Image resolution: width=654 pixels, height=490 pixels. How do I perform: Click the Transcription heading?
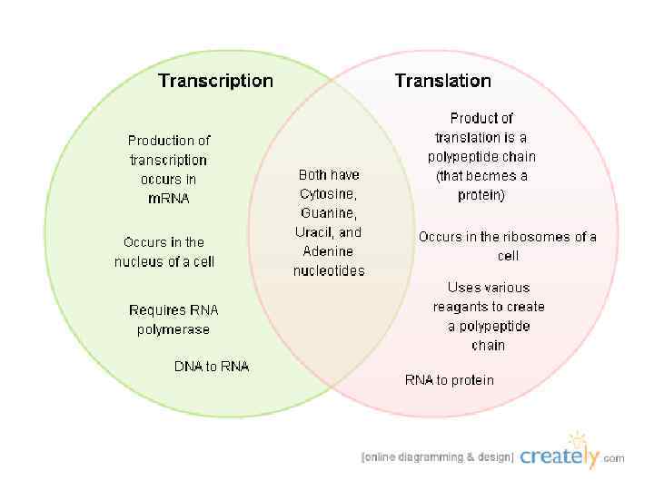coord(215,81)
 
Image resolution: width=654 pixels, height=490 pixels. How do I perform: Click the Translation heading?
coord(442,81)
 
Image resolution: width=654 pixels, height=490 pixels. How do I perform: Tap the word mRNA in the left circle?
coord(169,199)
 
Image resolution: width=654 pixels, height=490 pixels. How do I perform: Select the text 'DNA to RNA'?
coord(212,367)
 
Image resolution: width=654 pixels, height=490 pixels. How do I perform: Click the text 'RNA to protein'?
coord(450,380)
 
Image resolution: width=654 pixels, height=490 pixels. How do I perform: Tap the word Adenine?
coord(328,251)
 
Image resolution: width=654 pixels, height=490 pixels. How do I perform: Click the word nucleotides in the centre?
coord(328,270)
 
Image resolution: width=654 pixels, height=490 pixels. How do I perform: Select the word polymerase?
coord(173,329)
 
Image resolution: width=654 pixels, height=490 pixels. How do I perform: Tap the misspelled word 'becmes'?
coord(499,176)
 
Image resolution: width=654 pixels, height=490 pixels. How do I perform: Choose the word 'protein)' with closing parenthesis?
coord(481,195)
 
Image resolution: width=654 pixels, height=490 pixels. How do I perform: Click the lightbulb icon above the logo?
coord(577,440)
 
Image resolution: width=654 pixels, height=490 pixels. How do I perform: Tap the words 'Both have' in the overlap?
coord(329,174)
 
